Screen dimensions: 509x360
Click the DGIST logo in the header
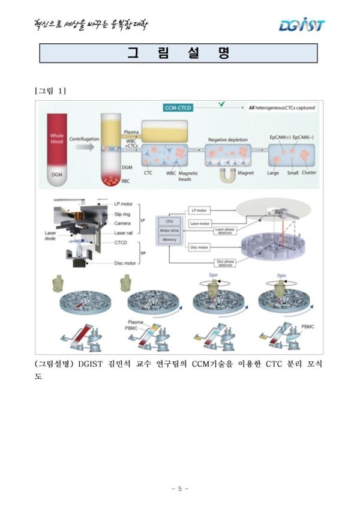coord(301,25)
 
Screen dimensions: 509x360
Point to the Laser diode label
coord(50,236)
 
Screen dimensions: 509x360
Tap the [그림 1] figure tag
coord(50,91)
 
